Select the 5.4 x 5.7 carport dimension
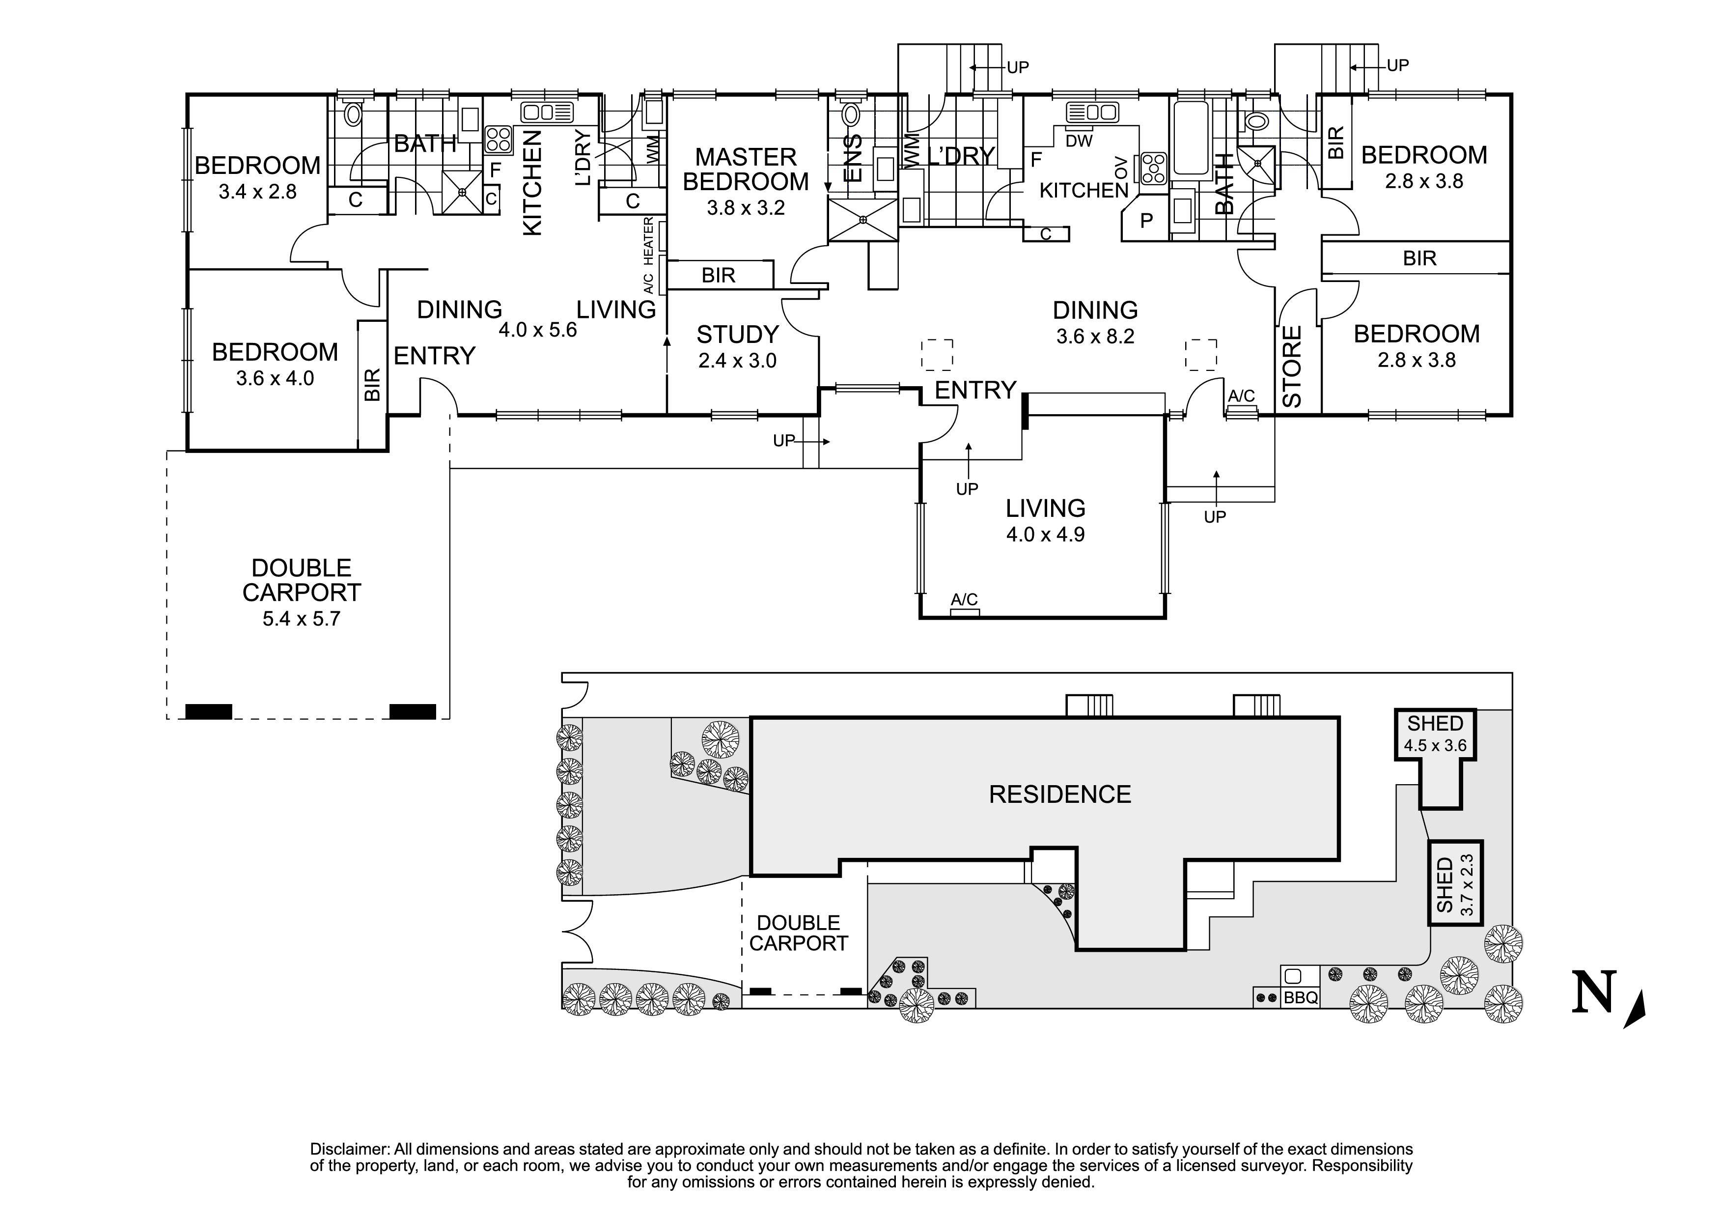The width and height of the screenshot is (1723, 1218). (301, 619)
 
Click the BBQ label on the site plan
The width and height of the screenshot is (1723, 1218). (1301, 998)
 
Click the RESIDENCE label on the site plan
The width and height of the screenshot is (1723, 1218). (1059, 794)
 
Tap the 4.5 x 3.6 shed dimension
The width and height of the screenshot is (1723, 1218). (1435, 746)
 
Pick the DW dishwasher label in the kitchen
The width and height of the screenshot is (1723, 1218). (1079, 141)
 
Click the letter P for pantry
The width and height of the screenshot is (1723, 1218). (1146, 221)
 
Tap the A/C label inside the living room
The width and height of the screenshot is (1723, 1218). (964, 599)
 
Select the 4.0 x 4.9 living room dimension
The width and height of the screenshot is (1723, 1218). (1045, 535)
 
